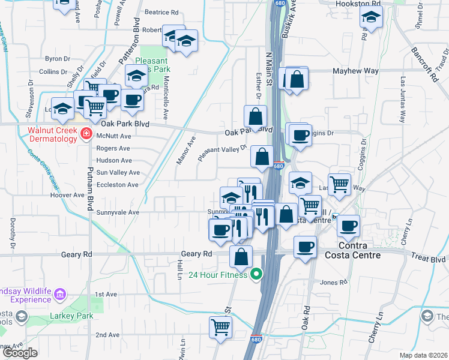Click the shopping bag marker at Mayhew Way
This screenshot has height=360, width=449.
coord(297,79)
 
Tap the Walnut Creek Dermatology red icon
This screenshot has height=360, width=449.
coord(86,134)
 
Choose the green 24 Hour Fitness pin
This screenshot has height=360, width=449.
coord(257,275)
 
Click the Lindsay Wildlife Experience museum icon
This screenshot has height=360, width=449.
coord(59,294)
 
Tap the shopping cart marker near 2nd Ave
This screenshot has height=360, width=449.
coord(220,328)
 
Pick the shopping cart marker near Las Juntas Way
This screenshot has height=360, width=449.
coord(340,185)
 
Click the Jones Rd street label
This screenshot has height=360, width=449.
coord(334,283)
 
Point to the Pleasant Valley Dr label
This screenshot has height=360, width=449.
coord(222,152)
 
